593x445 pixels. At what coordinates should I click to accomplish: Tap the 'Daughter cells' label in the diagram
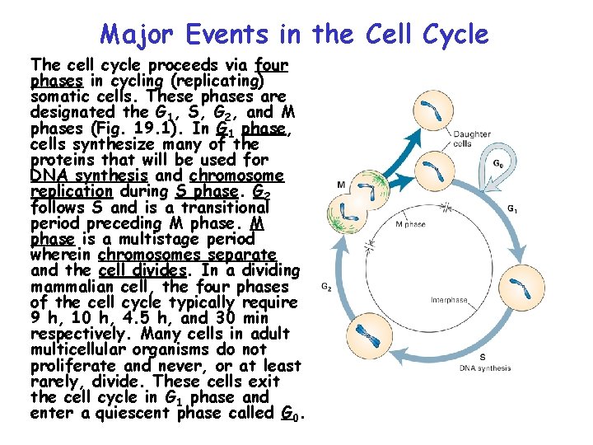click(473, 138)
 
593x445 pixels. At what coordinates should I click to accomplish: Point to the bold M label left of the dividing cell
click(341, 183)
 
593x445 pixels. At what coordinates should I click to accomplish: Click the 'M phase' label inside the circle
click(410, 224)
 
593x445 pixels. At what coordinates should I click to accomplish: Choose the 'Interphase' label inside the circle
click(449, 300)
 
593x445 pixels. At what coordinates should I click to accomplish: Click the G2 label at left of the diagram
click(325, 287)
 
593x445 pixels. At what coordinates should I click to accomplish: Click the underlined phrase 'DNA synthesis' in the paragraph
click(88, 176)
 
